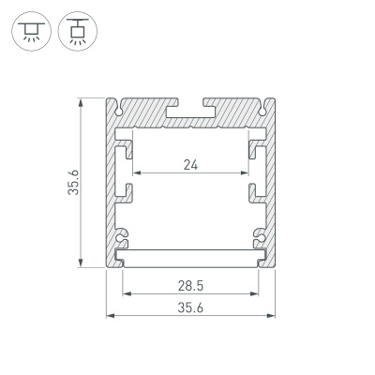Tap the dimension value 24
point(191,166)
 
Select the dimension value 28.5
point(191,283)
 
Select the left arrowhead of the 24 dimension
point(137,174)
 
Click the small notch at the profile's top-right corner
point(266,101)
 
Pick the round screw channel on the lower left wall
point(122,234)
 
